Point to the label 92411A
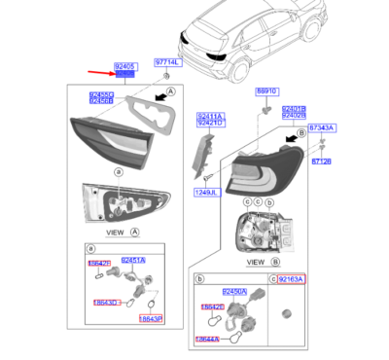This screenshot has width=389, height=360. pos(209,115)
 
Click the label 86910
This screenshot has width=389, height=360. pos(266,90)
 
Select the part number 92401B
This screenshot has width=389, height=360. pos(293,109)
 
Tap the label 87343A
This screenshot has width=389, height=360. pos(322,127)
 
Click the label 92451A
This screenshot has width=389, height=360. pos(132,261)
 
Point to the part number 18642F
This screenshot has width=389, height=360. pos(100,263)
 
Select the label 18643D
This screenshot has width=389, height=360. pos(105,303)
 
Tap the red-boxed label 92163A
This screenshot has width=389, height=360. pos(291,278)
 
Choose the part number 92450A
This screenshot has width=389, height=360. pos(234,291)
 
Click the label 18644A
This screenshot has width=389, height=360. pos(206,339)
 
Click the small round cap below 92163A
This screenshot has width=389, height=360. pos(286,312)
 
